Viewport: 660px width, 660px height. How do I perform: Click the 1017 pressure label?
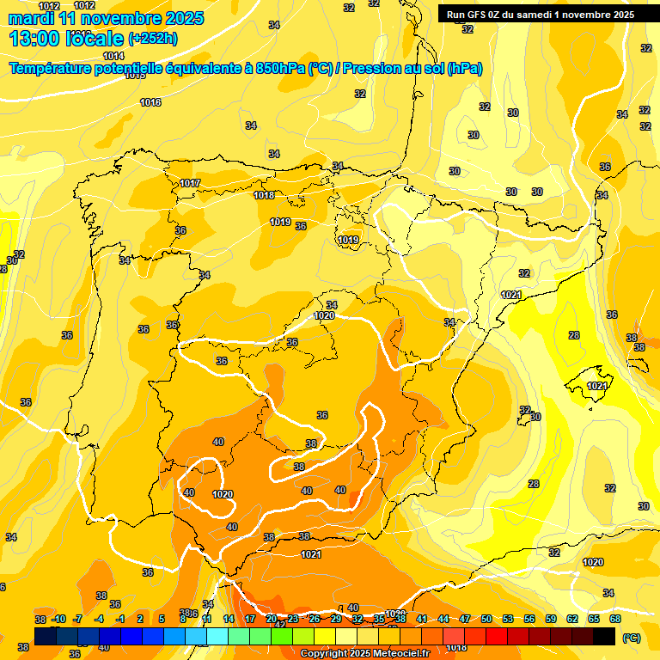[190, 183]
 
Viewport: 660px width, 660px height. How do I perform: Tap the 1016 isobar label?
[150, 102]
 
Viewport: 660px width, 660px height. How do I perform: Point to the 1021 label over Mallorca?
[597, 386]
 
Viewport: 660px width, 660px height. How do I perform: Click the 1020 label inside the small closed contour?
[223, 494]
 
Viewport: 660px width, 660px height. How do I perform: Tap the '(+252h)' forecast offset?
[153, 39]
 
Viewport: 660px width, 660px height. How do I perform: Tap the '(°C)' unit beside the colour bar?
[630, 638]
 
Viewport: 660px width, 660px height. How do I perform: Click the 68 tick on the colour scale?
[615, 619]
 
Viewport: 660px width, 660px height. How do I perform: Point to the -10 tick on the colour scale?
[58, 619]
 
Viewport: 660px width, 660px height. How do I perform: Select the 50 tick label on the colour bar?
[486, 619]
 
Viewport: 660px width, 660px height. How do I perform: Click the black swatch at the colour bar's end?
[604, 636]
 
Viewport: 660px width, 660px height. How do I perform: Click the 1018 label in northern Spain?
[264, 195]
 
